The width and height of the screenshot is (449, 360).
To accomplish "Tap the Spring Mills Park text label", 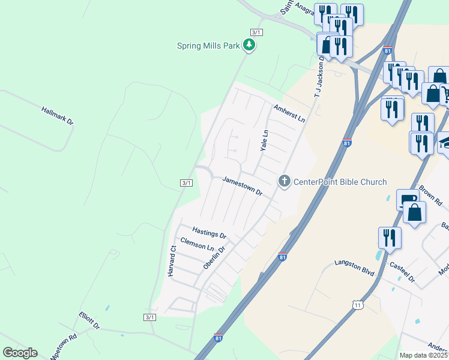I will pos(208,46).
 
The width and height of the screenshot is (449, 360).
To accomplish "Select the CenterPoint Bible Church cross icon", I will pos(285,181).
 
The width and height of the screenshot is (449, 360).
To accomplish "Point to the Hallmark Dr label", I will pos(58,116).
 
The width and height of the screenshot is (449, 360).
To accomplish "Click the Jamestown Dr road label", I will pos(243,186).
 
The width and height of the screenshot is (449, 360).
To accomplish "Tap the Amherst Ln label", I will pos(289,113).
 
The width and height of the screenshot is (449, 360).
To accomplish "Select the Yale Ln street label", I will pos(263,140).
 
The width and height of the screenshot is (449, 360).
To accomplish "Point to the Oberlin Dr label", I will pos(214,257).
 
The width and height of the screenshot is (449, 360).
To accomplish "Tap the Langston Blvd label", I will pos(354,268).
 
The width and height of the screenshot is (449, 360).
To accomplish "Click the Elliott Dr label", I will pos(89,320).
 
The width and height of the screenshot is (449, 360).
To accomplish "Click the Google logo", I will pos(20,353).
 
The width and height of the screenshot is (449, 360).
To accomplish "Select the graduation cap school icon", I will pos(445,142).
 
